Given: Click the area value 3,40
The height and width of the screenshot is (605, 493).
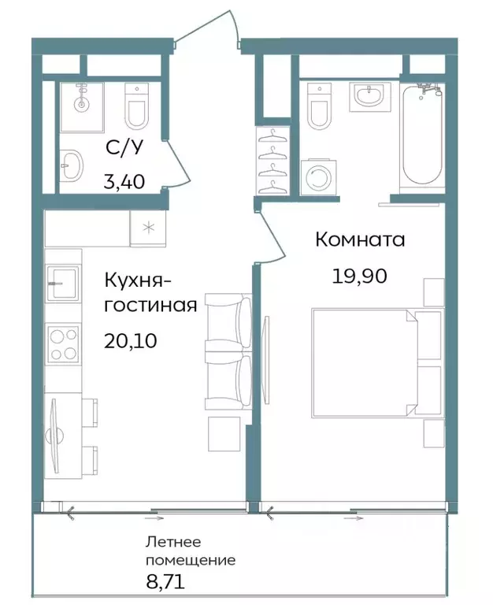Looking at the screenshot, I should [124, 182].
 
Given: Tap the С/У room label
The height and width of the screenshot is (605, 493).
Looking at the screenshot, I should [124, 147].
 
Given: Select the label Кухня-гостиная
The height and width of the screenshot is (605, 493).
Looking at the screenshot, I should [150, 291].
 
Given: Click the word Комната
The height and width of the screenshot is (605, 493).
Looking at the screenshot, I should [360, 239].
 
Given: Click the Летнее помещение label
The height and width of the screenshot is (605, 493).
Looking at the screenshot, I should [190, 551].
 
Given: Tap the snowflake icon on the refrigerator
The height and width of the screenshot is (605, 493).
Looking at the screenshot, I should [147, 228].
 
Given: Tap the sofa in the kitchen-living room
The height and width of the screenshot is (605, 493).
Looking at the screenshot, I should [228, 351].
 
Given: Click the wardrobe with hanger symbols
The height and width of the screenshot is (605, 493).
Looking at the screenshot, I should [272, 162].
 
